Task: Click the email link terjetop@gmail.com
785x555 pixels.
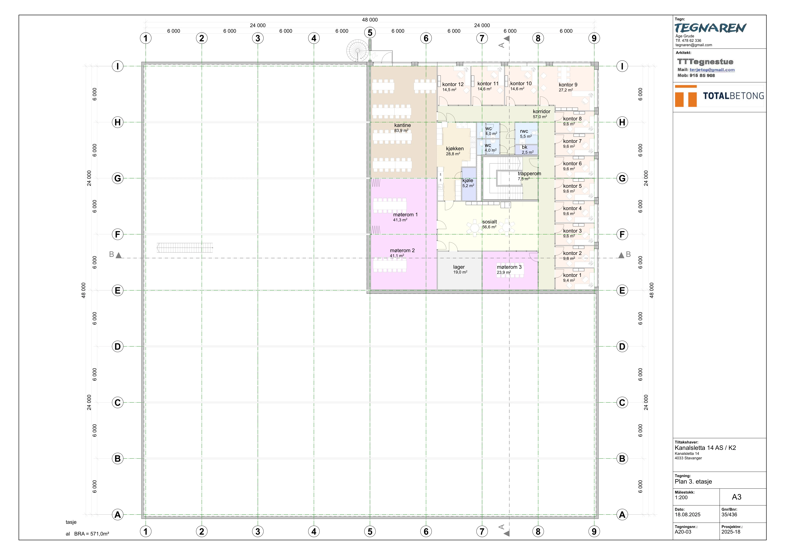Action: [712, 70]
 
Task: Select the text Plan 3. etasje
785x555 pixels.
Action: [693, 482]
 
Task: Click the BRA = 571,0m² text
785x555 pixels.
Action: [92, 534]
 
